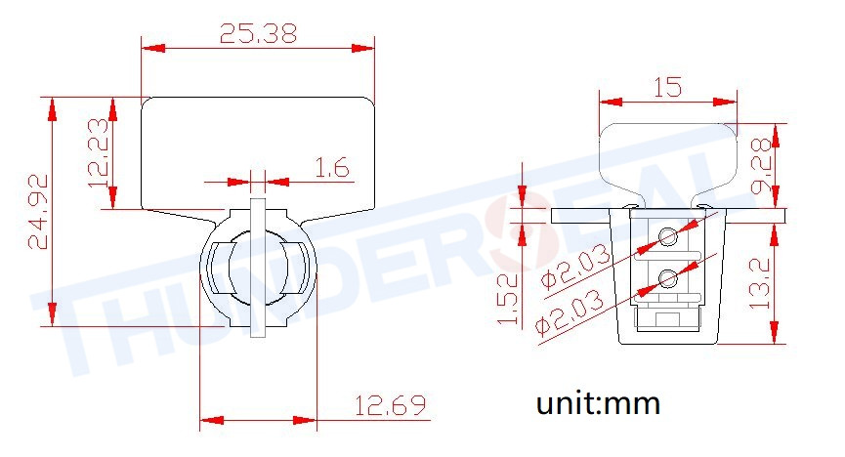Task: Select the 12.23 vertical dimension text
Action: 99,152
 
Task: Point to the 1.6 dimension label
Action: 331,168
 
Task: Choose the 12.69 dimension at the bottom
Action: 389,405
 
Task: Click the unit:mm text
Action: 598,402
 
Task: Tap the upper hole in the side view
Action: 668,236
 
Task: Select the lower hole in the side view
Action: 668,280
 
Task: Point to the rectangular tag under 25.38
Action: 258,151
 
